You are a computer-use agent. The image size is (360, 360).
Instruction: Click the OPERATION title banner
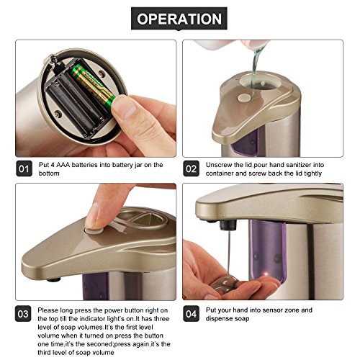pos(179,19)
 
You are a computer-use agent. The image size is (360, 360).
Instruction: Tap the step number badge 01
pos(24,168)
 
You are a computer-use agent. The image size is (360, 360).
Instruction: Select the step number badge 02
pos(191,168)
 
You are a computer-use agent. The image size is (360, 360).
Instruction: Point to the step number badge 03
pos(23,314)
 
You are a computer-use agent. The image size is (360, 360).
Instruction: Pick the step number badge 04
pos(191,314)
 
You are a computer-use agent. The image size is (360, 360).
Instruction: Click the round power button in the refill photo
pos(243,98)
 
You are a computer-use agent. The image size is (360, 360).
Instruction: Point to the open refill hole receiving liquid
pos(261,81)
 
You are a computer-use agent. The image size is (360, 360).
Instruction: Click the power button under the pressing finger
pos(94,231)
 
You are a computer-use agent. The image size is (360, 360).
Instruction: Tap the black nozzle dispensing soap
pos(229,225)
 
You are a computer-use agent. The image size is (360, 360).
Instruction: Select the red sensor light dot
pos(266,274)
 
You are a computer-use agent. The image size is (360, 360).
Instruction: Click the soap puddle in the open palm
pos(225,284)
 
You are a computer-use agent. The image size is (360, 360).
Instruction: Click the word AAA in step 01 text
pos(63,165)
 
